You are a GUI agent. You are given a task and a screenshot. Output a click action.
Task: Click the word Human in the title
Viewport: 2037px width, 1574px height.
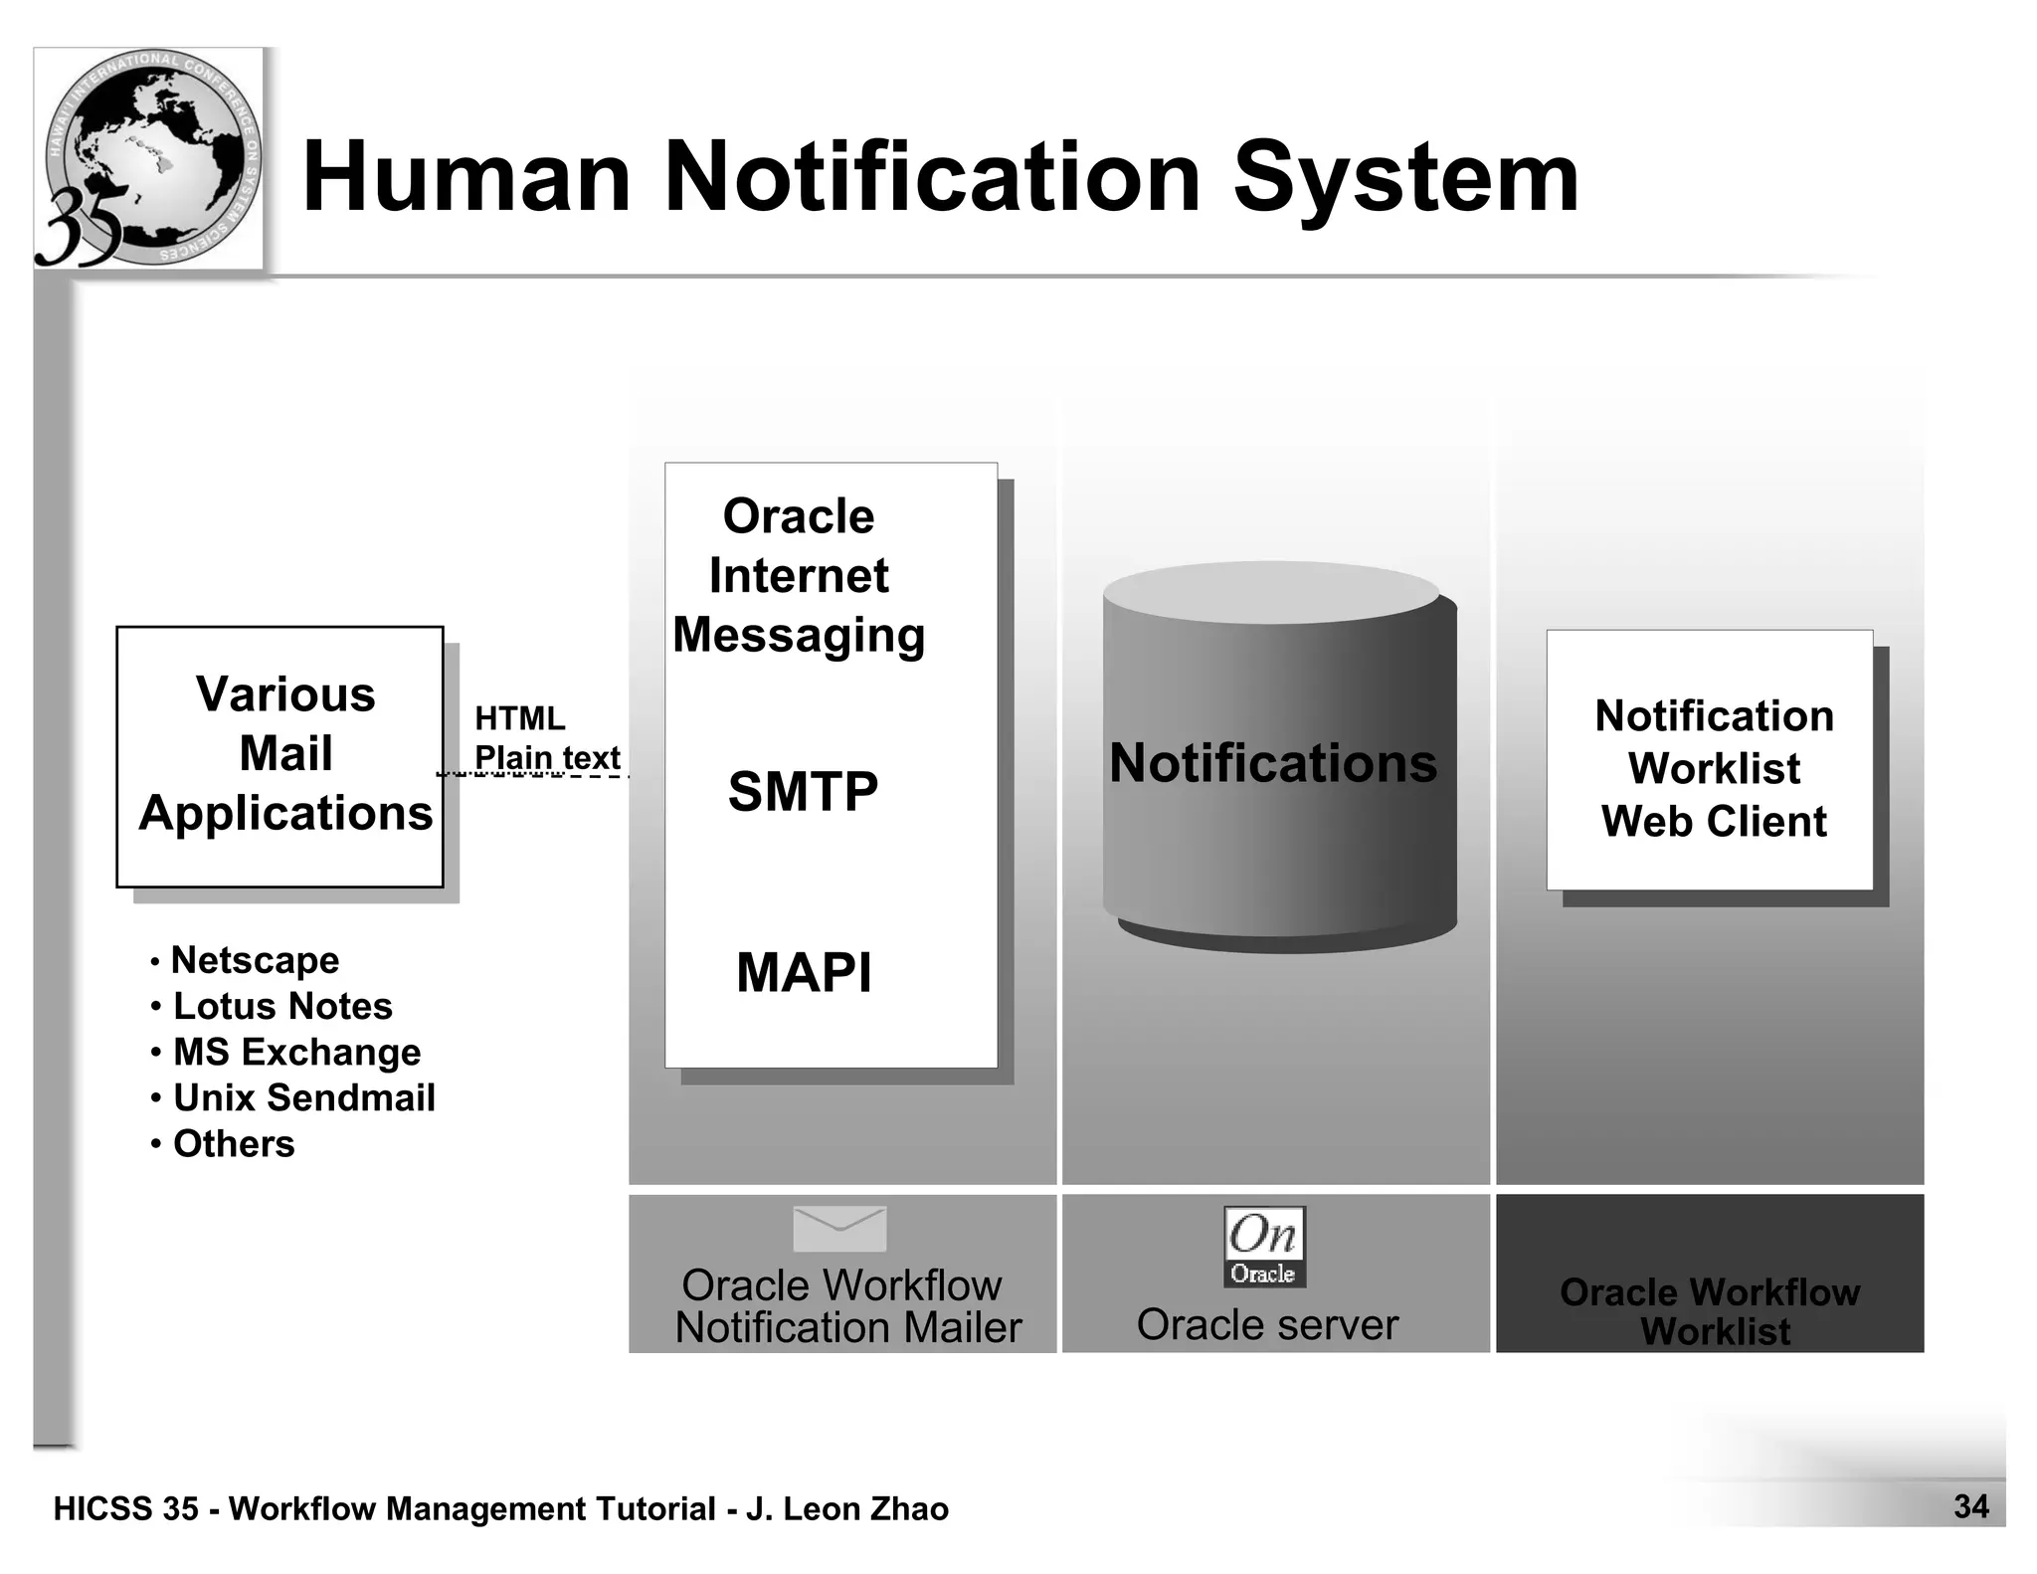point(465,177)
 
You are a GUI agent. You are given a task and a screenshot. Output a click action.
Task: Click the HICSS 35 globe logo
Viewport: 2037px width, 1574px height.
point(149,159)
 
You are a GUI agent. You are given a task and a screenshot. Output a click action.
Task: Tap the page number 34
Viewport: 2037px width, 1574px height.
point(1970,1506)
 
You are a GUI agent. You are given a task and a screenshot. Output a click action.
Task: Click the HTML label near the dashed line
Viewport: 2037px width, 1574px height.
point(519,717)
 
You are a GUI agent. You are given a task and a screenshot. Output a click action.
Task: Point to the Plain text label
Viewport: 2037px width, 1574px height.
point(547,757)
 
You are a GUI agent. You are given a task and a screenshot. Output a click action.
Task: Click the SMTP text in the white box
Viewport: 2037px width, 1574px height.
point(803,792)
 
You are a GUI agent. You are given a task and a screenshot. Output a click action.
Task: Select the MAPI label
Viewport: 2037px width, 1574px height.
point(804,972)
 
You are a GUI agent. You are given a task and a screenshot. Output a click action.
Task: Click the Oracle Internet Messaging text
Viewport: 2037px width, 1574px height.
point(799,575)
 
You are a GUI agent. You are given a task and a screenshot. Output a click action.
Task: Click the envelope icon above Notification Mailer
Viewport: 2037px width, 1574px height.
point(839,1229)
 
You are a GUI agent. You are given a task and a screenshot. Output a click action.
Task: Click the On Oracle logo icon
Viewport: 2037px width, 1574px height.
point(1263,1247)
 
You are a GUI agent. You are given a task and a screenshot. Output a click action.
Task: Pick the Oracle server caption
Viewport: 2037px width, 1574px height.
point(1267,1325)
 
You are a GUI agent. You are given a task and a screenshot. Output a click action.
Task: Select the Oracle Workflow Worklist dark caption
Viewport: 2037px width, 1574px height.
point(1711,1310)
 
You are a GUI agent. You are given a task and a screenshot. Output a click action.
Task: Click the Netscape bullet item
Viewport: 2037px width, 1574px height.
point(255,960)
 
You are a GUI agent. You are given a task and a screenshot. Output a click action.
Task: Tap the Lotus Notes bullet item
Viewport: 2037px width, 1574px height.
point(282,1006)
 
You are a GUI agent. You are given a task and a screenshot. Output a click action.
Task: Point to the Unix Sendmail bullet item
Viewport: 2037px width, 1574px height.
point(303,1097)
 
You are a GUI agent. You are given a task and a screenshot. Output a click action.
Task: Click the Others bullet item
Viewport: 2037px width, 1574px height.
point(234,1143)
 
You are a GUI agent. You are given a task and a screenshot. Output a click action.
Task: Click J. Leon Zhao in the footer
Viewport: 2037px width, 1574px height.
point(847,1508)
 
